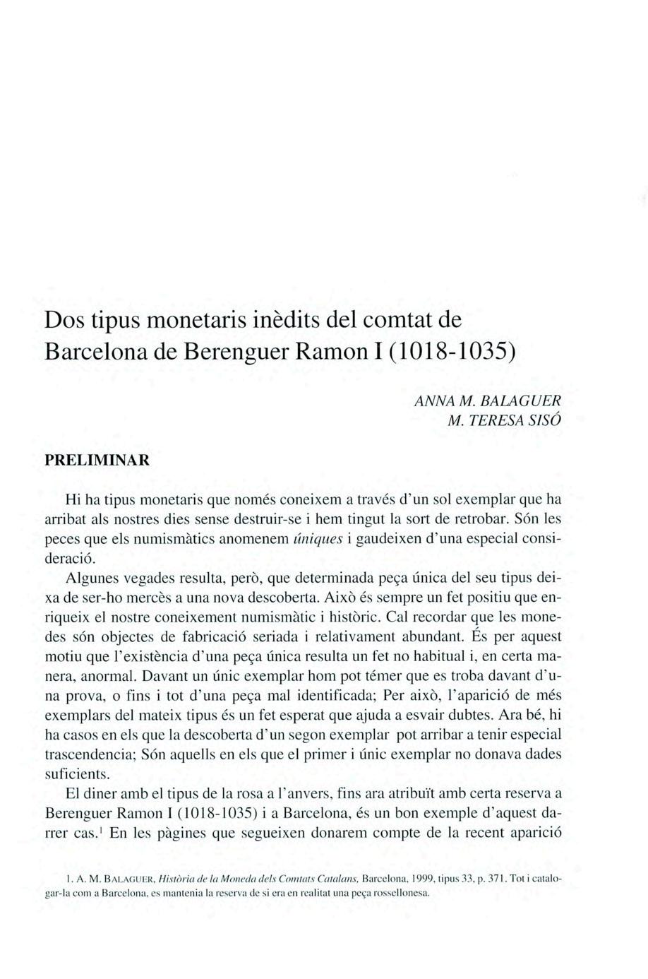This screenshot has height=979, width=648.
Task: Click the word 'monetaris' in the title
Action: tap(190, 319)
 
